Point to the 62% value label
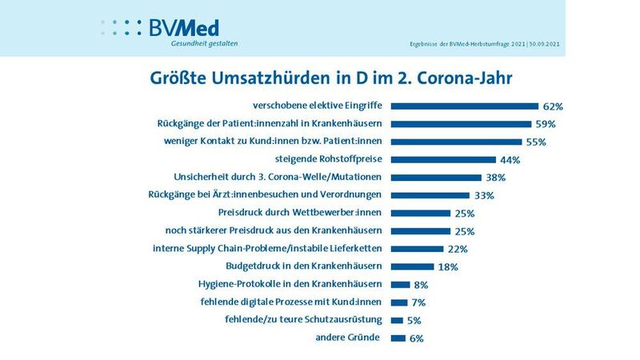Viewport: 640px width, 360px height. tap(554, 106)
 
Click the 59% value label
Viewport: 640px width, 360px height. tap(546, 124)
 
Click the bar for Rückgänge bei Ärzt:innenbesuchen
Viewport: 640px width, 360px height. tap(430, 195)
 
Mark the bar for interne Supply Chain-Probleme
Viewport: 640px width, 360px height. tap(417, 249)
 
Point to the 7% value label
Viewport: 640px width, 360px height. tap(418, 303)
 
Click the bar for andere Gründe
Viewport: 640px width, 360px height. tap(398, 338)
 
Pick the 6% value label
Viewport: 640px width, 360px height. tap(415, 338)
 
